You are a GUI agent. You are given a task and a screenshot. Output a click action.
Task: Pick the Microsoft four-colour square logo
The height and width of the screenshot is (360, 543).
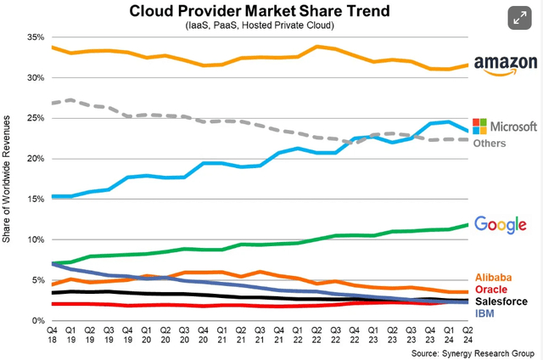(x=479, y=126)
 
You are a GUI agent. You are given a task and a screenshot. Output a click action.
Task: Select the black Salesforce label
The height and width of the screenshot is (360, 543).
(x=501, y=301)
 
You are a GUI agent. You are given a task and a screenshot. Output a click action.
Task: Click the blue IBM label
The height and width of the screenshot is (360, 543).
(x=484, y=313)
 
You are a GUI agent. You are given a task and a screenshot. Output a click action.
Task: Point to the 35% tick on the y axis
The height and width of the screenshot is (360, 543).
(x=35, y=38)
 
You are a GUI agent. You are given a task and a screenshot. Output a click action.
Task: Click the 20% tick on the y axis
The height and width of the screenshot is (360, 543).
(x=35, y=159)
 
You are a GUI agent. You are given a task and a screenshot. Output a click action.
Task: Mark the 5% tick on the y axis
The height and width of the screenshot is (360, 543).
(x=37, y=280)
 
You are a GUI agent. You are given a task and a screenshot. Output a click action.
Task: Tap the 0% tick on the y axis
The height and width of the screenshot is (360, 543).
(x=37, y=320)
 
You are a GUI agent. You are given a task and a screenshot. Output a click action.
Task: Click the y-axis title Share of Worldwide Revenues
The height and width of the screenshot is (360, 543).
(x=8, y=179)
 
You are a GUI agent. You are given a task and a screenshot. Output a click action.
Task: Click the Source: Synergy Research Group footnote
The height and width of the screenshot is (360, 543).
(x=471, y=352)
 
